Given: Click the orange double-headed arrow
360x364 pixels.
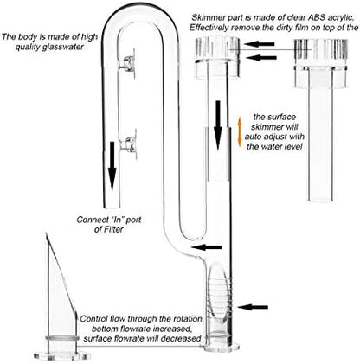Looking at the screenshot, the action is point(239,132).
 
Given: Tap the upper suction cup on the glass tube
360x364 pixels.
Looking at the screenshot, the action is point(129,64).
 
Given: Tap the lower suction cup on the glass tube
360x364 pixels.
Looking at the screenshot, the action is point(129,144).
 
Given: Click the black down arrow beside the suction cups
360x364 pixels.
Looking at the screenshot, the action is point(112,167).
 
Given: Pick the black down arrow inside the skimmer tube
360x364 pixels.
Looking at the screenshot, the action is point(218,125).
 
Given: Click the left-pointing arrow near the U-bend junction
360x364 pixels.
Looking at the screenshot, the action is point(206,247).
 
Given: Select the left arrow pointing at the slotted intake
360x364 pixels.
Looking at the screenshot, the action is point(253,307).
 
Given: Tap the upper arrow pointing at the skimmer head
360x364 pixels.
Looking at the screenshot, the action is point(259,44).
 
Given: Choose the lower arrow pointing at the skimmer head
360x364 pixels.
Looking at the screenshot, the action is point(261,58).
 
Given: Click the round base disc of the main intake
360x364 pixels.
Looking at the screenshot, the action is point(222,348).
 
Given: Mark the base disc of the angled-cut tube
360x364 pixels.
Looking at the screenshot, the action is point(61,356).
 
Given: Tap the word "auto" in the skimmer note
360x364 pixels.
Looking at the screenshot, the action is point(254,137).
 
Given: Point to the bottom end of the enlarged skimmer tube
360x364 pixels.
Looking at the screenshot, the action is point(321,199).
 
